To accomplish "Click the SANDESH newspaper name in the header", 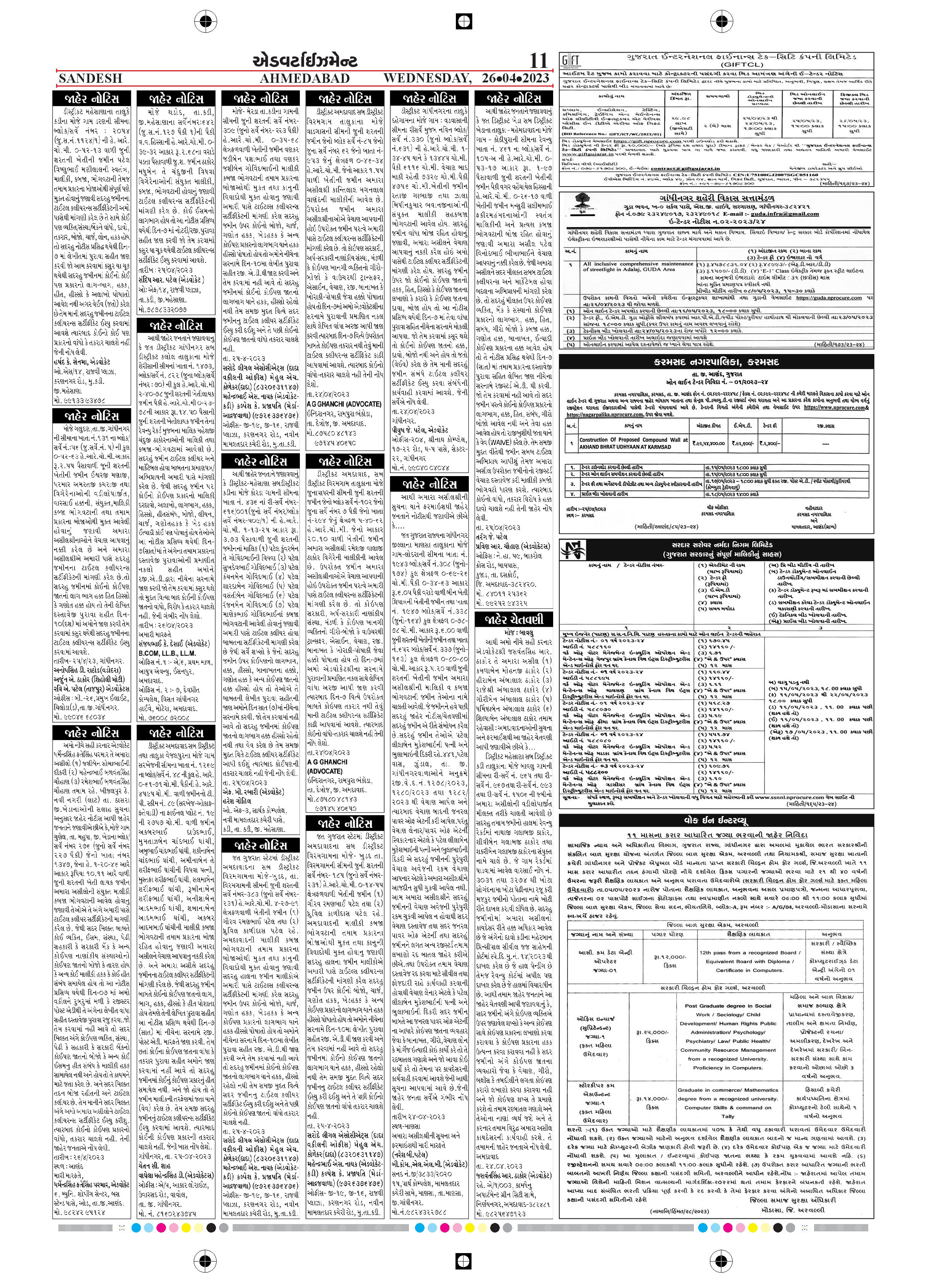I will click(x=90, y=78).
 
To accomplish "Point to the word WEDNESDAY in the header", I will click(x=427, y=78).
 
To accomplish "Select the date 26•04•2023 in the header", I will click(x=515, y=78).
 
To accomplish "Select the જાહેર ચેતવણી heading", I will click(x=513, y=619).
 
